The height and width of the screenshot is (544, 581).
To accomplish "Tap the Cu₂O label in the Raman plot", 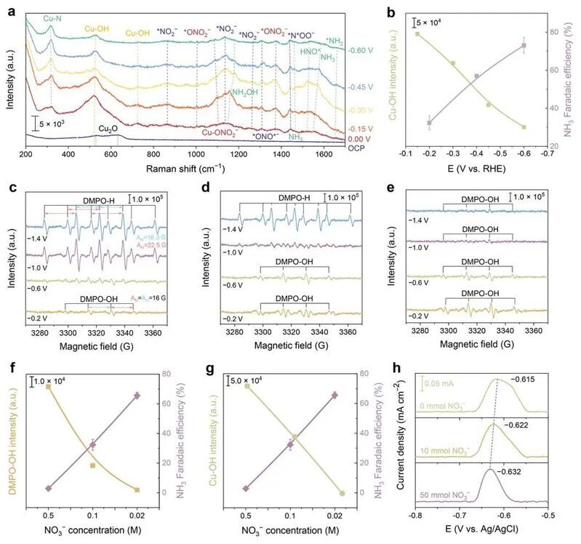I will point(111,128).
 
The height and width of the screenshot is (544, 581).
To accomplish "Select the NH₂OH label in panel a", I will point(247,92).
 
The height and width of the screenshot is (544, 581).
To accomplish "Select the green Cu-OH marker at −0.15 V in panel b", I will point(417,33).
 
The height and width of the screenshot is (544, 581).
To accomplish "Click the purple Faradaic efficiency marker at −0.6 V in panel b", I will point(524,46).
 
